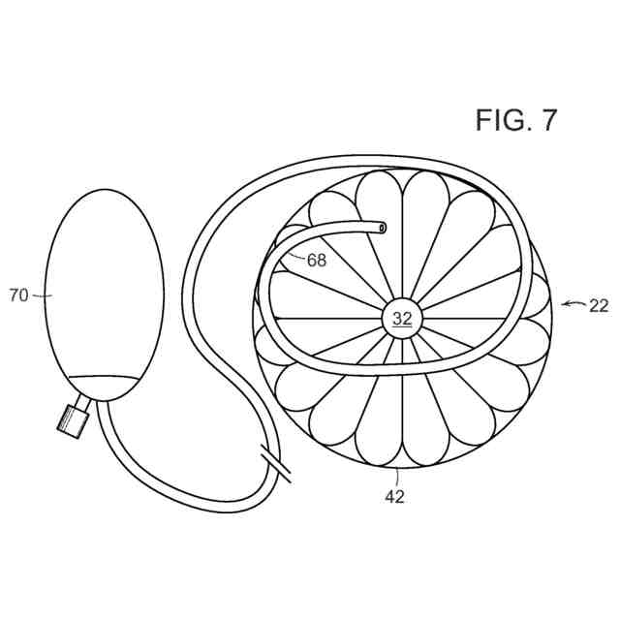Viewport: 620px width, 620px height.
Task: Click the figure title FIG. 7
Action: click(515, 120)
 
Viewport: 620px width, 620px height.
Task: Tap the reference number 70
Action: click(19, 296)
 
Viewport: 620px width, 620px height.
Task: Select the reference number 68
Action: click(317, 260)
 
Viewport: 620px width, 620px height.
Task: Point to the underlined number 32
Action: click(402, 317)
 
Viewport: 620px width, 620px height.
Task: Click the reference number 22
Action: click(599, 305)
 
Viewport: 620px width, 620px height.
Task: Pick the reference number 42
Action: click(394, 497)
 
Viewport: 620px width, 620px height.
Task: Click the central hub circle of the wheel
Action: click(402, 317)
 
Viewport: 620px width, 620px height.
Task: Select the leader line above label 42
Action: click(396, 479)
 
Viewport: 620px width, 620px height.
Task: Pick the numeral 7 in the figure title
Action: click(548, 120)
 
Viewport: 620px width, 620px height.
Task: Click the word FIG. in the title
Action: click(501, 120)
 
